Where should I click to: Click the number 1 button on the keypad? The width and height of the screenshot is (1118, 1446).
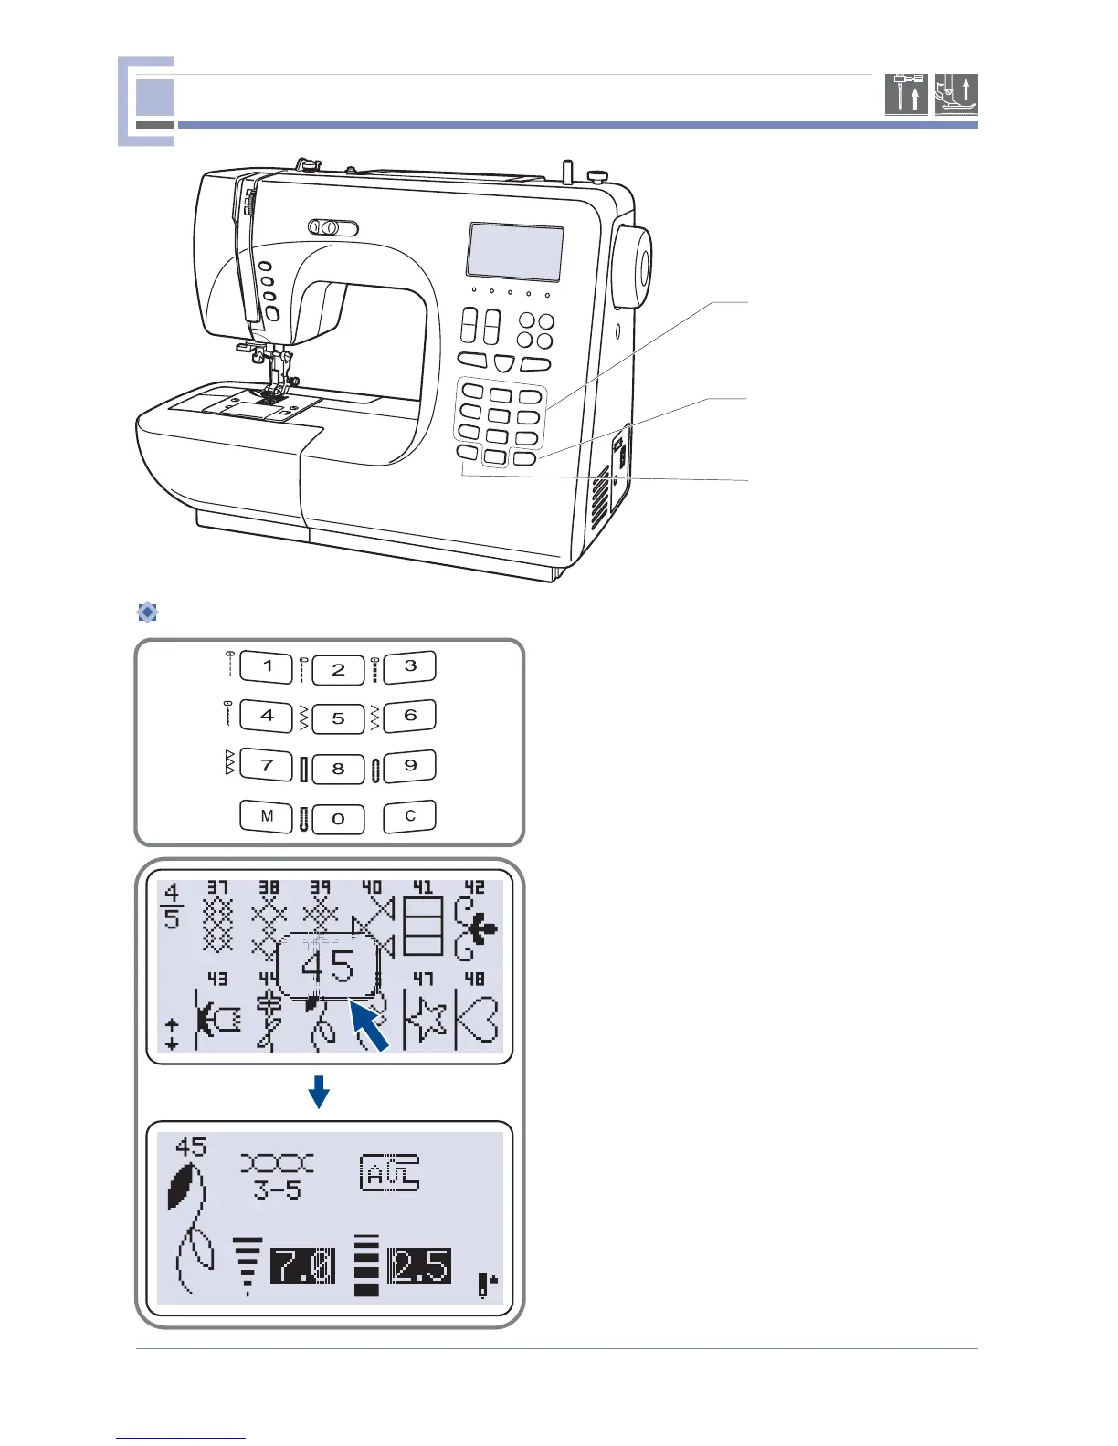266,666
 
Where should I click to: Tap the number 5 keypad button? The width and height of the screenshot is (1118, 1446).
338,718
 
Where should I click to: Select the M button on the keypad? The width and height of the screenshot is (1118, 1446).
266,816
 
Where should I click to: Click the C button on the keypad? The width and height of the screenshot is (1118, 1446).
409,816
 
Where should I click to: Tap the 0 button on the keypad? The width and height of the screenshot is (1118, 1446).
338,819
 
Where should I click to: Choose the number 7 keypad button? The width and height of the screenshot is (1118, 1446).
266,765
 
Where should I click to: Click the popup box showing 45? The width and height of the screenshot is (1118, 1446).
327,966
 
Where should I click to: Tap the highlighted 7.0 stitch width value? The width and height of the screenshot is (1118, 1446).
302,1266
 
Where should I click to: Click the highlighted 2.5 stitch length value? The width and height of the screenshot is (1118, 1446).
419,1266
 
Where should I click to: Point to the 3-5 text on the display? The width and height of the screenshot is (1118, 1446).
277,1189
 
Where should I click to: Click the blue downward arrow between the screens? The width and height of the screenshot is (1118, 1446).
318,1091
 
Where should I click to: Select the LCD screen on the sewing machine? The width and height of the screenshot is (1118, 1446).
514,251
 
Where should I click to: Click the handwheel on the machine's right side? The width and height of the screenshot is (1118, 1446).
632,267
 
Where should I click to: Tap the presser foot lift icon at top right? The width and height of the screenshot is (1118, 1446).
956,94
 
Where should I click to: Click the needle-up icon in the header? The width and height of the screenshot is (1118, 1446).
906,94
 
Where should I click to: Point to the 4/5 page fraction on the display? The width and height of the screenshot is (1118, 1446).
172,905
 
